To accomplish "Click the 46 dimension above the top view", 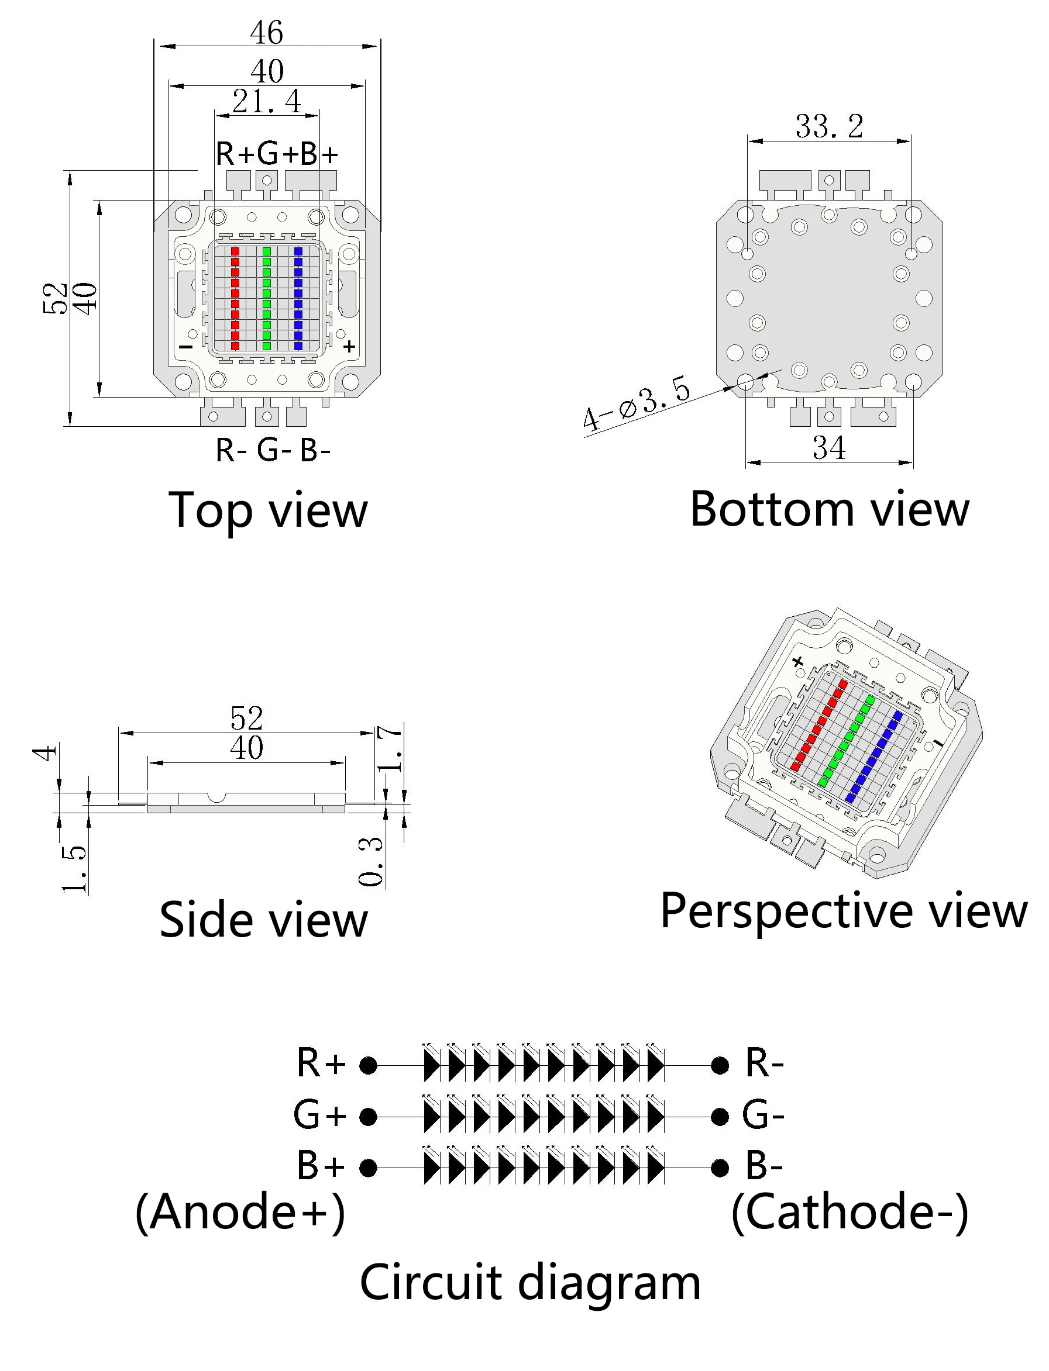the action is pyautogui.click(x=267, y=33).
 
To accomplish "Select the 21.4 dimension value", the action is pyautogui.click(x=267, y=101).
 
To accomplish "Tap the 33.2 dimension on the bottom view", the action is pyautogui.click(x=829, y=126).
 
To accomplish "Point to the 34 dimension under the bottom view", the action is pyautogui.click(x=829, y=447).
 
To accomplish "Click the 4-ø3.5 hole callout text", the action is pyautogui.click(x=637, y=403).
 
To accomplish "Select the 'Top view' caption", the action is pyautogui.click(x=269, y=510).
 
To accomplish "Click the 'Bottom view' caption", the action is pyautogui.click(x=829, y=509).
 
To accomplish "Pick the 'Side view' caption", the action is pyautogui.click(x=263, y=920).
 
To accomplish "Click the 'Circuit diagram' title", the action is pyautogui.click(x=530, y=1283).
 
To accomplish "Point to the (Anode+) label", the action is pyautogui.click(x=240, y=1212).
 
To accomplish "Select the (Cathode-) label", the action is pyautogui.click(x=850, y=1212).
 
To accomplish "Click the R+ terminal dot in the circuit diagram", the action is pyautogui.click(x=369, y=1065).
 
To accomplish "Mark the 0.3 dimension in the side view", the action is pyautogui.click(x=371, y=861).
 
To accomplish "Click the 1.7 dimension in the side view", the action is pyautogui.click(x=390, y=749).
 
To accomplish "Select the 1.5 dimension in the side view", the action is pyautogui.click(x=74, y=869).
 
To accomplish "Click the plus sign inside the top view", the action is pyautogui.click(x=350, y=346).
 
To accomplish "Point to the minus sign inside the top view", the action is pyautogui.click(x=186, y=346).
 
